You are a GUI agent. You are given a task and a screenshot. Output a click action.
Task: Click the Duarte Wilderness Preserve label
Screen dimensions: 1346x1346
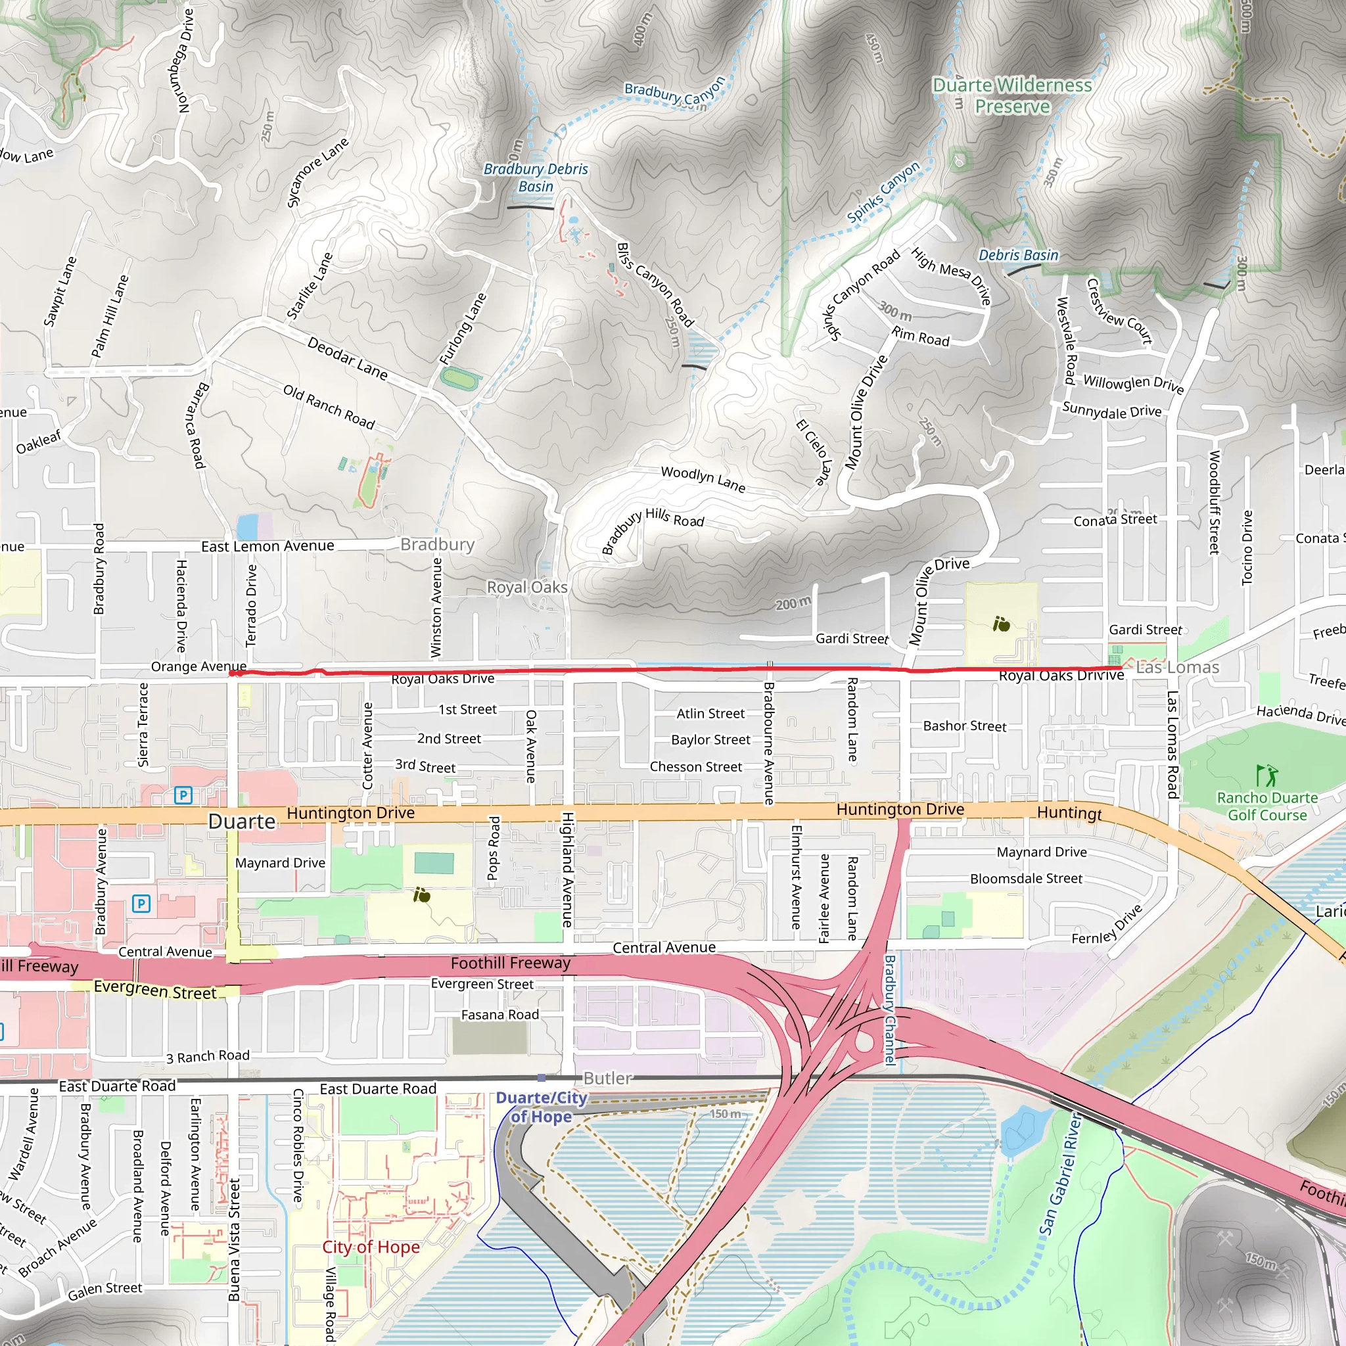1011,95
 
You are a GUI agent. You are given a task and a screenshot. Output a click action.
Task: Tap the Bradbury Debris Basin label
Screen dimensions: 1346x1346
535,177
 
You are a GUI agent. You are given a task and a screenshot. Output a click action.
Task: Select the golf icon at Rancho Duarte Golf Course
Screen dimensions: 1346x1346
1266,775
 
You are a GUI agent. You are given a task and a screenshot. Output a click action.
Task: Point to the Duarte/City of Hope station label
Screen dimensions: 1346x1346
542,1107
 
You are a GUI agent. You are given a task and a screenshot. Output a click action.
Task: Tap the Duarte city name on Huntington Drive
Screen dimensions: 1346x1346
242,822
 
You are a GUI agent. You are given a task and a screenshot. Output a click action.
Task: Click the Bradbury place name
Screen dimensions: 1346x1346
437,544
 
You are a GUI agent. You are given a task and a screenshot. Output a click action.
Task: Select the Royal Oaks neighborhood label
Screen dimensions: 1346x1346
526,588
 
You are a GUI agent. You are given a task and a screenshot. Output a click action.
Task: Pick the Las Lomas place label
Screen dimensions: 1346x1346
1176,668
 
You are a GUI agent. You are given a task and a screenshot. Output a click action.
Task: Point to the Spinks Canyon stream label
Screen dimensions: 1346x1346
883,192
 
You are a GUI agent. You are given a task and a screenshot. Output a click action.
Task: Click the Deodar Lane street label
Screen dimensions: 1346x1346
347,358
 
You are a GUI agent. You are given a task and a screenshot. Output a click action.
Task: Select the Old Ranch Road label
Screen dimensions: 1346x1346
329,407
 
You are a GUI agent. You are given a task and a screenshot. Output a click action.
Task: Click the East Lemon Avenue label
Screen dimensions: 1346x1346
267,546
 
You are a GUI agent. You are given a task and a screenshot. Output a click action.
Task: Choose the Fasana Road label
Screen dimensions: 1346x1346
499,1015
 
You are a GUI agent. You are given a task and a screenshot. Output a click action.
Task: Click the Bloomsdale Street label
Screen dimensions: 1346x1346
1025,879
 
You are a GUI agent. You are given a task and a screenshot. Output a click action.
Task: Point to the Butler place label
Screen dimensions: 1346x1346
607,1079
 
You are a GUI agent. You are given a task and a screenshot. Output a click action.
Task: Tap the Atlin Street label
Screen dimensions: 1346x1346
710,713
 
